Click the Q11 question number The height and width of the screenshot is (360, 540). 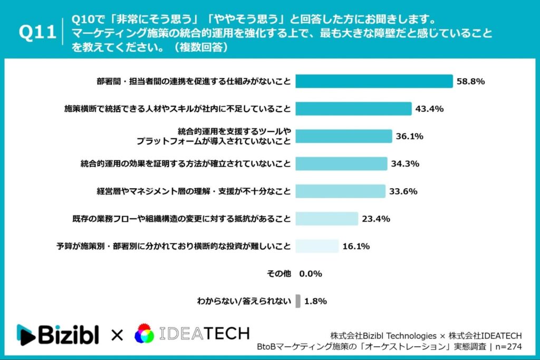(x=37, y=33)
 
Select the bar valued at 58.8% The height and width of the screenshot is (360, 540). (x=374, y=81)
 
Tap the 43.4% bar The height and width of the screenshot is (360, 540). (x=353, y=109)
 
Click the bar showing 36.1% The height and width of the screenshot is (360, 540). (x=343, y=136)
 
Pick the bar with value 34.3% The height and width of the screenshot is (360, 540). (x=341, y=163)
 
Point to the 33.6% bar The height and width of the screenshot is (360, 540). (x=340, y=191)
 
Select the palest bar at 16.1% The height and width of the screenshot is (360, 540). (x=317, y=246)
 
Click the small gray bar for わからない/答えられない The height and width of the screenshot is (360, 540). (x=298, y=301)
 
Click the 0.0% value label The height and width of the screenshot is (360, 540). (x=311, y=274)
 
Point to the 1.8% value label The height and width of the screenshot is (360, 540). (x=316, y=301)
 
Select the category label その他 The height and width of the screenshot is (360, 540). (x=279, y=274)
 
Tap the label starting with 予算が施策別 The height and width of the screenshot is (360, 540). (x=173, y=246)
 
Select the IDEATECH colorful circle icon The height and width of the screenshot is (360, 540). (x=144, y=334)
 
